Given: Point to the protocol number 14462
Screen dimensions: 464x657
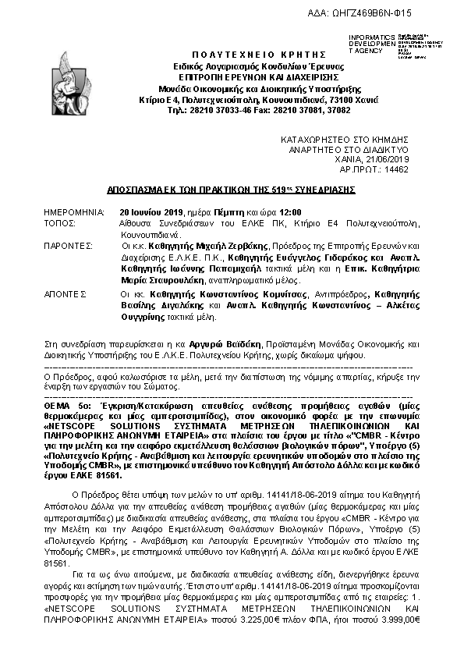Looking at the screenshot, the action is [x=397, y=168].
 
